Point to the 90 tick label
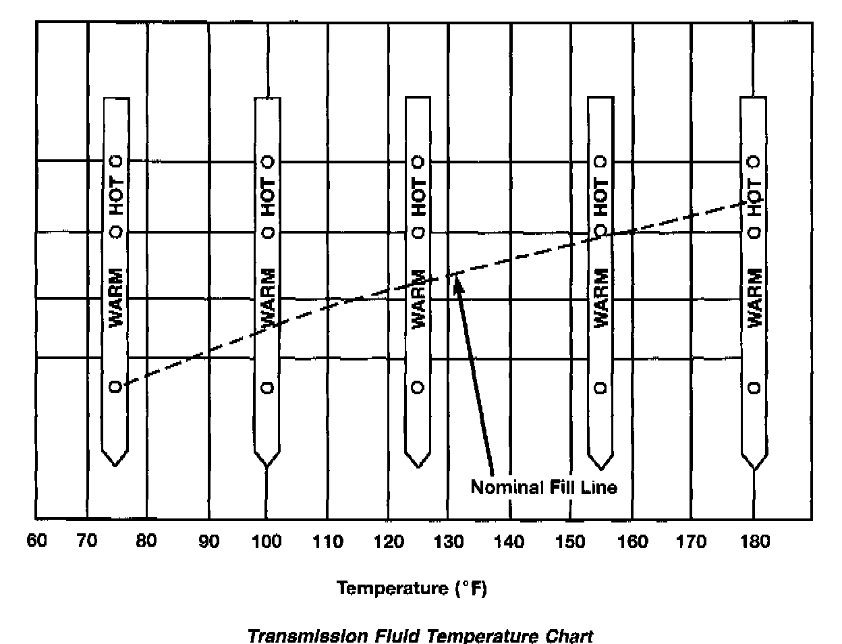pyautogui.click(x=209, y=541)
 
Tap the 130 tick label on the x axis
pyautogui.click(x=449, y=541)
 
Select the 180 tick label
pyautogui.click(x=754, y=541)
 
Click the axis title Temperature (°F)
pyautogui.click(x=412, y=588)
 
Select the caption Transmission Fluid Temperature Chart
pyautogui.click(x=420, y=636)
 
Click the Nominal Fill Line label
pyautogui.click(x=544, y=487)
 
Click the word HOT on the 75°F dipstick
pyautogui.click(x=117, y=196)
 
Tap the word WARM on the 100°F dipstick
pyautogui.click(x=268, y=298)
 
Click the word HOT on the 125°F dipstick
pyautogui.click(x=419, y=196)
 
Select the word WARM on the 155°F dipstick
pyautogui.click(x=600, y=298)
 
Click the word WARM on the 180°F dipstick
pyautogui.click(x=755, y=298)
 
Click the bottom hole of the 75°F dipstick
pyautogui.click(x=115, y=387)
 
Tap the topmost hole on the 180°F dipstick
pyautogui.click(x=754, y=162)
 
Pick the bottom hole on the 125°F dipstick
pyautogui.click(x=418, y=387)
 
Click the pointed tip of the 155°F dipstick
pyautogui.click(x=600, y=468)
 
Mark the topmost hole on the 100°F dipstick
pyautogui.click(x=268, y=162)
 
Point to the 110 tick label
pyautogui.click(x=328, y=541)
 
